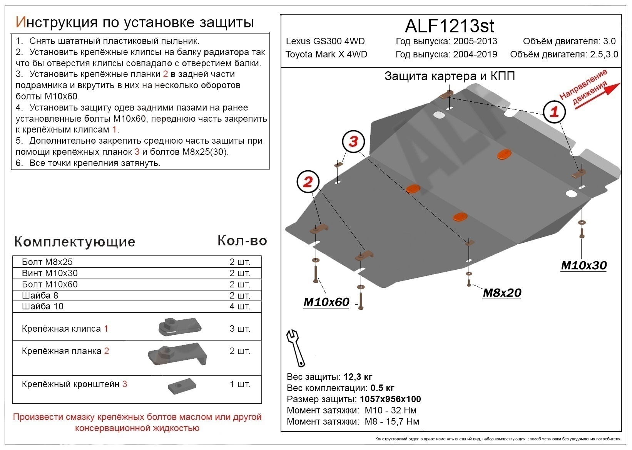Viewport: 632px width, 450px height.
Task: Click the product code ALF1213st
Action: [449, 26]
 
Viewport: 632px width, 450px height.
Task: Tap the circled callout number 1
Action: [554, 112]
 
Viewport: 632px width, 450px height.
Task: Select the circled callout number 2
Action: [308, 181]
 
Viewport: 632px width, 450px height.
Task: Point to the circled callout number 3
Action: [353, 141]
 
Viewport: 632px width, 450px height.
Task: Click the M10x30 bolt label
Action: [584, 265]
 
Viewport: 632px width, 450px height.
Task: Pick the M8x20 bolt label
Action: [502, 293]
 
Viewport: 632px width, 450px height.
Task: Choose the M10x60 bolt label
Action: [326, 302]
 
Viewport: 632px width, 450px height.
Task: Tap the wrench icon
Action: [295, 348]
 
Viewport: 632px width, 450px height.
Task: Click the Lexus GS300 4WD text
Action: [325, 41]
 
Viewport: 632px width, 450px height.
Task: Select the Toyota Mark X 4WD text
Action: [326, 54]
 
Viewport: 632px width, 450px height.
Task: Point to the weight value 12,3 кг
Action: [358, 376]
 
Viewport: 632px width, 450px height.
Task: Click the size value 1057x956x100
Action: [390, 399]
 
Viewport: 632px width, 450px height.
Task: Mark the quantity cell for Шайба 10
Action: [240, 306]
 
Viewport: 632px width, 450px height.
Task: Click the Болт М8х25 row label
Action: [47, 262]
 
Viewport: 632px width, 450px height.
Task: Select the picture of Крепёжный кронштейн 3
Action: [182, 386]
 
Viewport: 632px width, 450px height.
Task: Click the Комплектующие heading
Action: [75, 242]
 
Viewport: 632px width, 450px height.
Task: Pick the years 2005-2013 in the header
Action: [475, 41]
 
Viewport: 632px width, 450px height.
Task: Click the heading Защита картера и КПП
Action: [450, 76]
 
